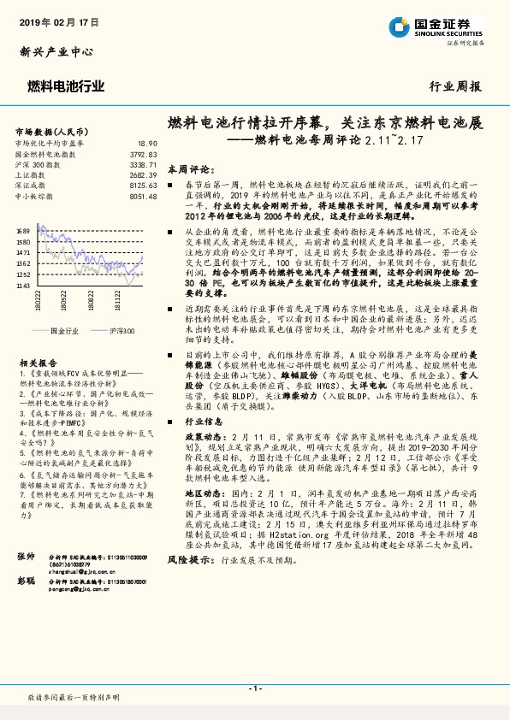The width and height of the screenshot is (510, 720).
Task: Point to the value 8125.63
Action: point(143,184)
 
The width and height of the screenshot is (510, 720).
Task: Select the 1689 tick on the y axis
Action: point(23,231)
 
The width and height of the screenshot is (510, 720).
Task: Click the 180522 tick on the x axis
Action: point(66,304)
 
